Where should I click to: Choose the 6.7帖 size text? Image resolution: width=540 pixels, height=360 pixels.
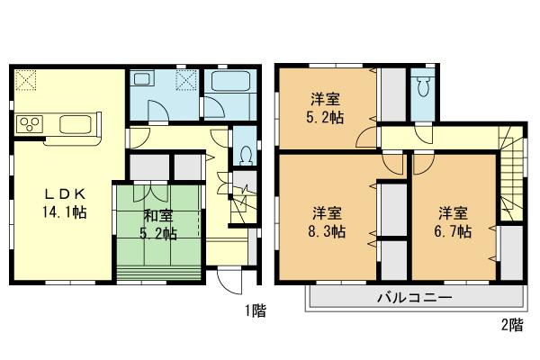click(x=453, y=231)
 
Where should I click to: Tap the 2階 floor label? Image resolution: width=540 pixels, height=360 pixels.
click(x=512, y=324)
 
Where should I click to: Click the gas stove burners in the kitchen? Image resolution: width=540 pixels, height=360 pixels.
click(x=27, y=123)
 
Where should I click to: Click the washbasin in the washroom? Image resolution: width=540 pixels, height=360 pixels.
click(x=141, y=83)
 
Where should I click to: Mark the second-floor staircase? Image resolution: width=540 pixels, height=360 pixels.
click(x=511, y=180)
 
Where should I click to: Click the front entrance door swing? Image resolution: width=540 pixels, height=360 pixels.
click(x=228, y=282)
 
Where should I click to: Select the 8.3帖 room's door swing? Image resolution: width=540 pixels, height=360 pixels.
click(x=392, y=165)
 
